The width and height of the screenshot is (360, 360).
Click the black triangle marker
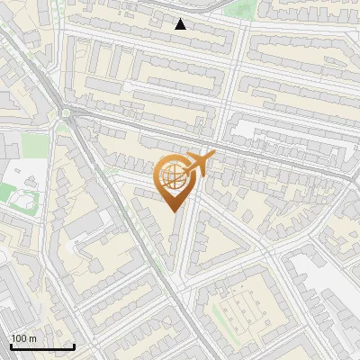coord(181,24)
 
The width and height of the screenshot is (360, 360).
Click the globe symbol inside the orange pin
coord(175,177)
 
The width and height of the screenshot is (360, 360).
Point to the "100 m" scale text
coord(24,338)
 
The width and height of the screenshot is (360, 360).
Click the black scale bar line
coord(41,346)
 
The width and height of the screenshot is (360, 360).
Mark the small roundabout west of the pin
coord(66,113)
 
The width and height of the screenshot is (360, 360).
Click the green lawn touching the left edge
coord(7,192)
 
